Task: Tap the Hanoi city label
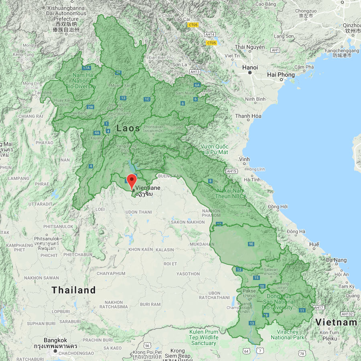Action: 250,67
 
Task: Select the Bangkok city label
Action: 55,340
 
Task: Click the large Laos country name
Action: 128,128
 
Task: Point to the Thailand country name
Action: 74,290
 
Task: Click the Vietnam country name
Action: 336,322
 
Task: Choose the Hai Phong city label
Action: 281,75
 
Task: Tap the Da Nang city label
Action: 337,260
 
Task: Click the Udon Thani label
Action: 138,212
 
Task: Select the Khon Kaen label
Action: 140,249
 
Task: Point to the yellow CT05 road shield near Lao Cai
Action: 193,25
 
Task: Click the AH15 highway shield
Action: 232,171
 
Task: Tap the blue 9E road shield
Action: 251,244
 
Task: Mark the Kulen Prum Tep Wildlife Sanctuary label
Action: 204,337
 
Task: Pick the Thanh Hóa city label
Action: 248,116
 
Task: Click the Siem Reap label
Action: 178,356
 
